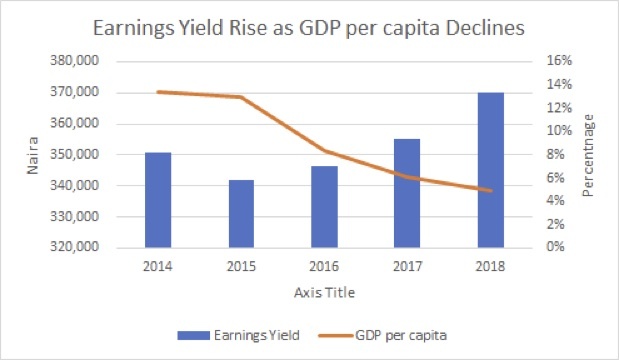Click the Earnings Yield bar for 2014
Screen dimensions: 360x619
coord(157,200)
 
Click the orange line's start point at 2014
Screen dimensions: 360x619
coord(157,92)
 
